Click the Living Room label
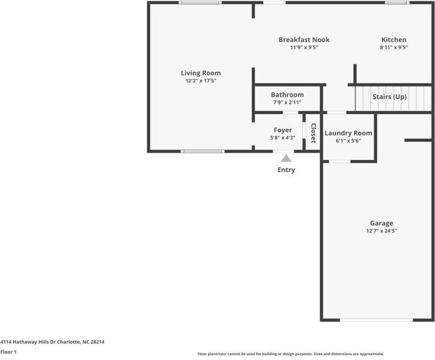(201, 73)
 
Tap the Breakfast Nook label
(304, 40)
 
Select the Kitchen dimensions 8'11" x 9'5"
(394, 47)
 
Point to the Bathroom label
(287, 94)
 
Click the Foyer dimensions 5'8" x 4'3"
(283, 138)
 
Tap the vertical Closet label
(313, 133)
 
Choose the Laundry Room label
(348, 133)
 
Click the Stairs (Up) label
(389, 97)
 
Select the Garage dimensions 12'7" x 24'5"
(382, 231)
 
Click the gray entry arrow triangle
(287, 159)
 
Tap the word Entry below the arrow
(287, 170)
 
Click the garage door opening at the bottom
(377, 320)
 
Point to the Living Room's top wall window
(200, 2)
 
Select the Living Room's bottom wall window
(203, 151)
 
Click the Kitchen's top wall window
(397, 2)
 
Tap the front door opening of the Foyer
(284, 151)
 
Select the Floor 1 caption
(8, 352)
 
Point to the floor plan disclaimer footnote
(291, 354)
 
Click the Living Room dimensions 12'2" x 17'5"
(201, 81)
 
